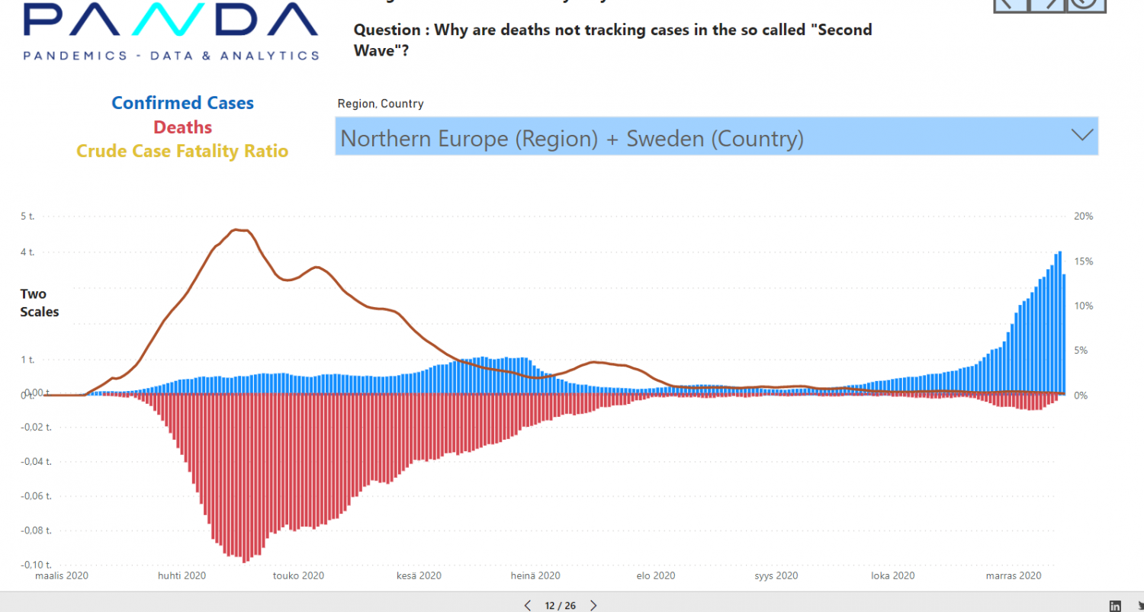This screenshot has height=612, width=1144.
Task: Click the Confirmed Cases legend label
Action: (x=183, y=103)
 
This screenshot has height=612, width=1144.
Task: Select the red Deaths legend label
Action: (x=183, y=127)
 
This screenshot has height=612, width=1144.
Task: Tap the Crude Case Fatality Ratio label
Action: (x=182, y=151)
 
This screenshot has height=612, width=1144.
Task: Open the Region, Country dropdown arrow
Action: (x=1081, y=136)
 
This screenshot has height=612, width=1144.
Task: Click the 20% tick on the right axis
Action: (x=1083, y=216)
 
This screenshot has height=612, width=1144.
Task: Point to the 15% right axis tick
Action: (x=1083, y=261)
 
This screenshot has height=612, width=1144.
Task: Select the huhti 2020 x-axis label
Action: (x=182, y=576)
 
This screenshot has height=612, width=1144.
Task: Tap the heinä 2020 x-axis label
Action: (x=535, y=576)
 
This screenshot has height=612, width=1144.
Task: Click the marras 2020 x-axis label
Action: (x=1013, y=576)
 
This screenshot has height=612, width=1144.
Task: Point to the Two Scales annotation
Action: (x=40, y=303)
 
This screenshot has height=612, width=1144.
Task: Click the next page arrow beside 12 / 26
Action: (x=593, y=606)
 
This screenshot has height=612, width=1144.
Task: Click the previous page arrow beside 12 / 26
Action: (x=527, y=606)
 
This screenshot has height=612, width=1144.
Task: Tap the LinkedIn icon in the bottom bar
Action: (x=1115, y=606)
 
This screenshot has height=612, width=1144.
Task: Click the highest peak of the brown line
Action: (x=240, y=229)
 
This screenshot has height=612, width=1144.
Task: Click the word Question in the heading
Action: (x=387, y=30)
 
